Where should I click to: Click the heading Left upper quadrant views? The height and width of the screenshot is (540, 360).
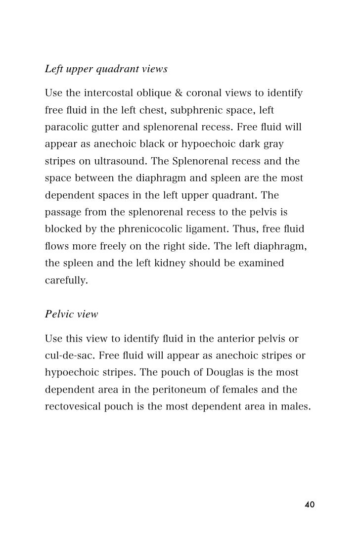tap(106, 69)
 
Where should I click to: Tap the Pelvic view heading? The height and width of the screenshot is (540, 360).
tap(71, 314)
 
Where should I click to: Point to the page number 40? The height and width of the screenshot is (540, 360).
tap(310, 504)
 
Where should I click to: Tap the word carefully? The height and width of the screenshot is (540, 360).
tap(66, 280)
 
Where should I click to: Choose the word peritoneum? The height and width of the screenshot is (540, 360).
tap(165, 390)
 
